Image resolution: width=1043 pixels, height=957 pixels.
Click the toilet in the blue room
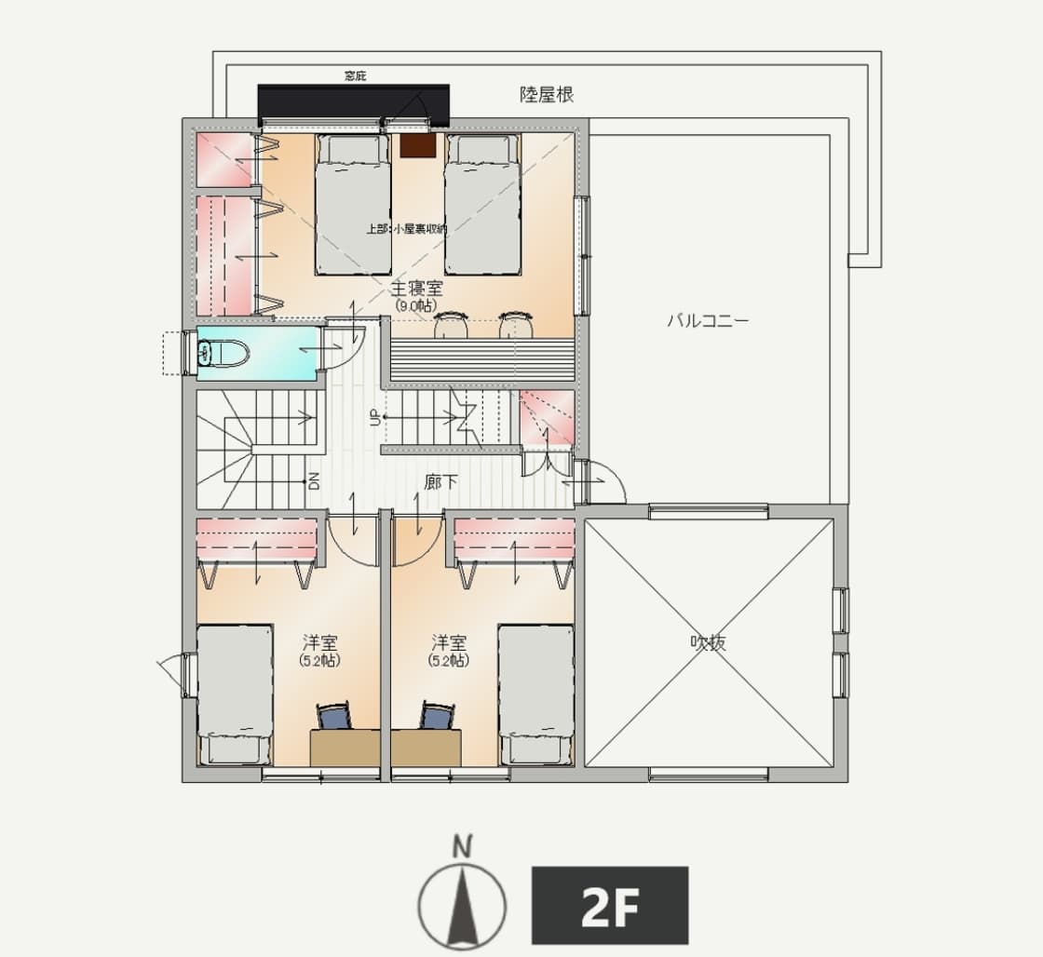click(223, 352)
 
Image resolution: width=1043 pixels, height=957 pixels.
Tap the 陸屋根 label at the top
click(546, 95)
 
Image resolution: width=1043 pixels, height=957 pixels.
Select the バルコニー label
click(708, 320)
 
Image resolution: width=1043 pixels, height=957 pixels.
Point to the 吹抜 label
click(708, 642)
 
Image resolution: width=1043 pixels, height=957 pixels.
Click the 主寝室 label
click(416, 289)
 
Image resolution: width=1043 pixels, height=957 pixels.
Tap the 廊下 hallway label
click(440, 481)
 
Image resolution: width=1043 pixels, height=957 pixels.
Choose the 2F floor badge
click(610, 905)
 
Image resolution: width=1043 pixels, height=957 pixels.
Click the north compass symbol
click(462, 906)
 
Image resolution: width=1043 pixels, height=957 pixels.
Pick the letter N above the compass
click(462, 848)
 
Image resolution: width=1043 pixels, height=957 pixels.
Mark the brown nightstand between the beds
click(417, 145)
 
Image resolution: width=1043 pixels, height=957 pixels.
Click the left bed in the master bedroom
click(353, 204)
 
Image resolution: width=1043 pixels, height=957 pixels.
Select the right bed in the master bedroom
click(481, 204)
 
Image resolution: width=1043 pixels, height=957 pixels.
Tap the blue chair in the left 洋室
click(336, 716)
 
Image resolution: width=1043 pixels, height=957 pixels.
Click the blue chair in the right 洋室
click(437, 716)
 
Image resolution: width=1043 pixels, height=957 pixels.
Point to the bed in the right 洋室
click(536, 694)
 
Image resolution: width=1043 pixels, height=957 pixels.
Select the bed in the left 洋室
click(235, 694)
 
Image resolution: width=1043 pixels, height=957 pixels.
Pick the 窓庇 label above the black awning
click(355, 76)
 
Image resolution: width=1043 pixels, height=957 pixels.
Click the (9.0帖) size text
click(415, 306)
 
